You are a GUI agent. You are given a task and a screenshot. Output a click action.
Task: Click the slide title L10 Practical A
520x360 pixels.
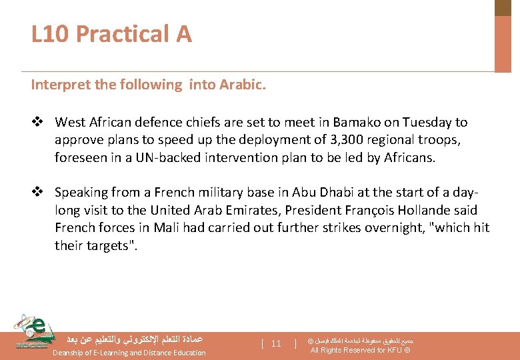click(x=111, y=33)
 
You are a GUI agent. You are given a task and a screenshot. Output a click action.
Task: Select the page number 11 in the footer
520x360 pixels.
click(x=276, y=344)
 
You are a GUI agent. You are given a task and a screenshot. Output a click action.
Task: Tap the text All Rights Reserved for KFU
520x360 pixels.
click(x=360, y=351)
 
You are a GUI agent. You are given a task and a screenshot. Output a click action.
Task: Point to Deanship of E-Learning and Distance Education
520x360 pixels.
click(x=129, y=353)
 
